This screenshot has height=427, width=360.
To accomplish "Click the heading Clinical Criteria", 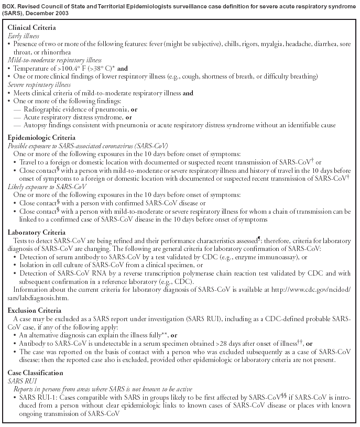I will [31, 27].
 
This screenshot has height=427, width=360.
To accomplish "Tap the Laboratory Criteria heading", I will [37, 232].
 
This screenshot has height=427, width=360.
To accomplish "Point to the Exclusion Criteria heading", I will [35, 310].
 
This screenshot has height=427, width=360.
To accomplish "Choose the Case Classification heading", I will [36, 373].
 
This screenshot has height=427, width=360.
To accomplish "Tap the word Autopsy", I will [36, 125].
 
